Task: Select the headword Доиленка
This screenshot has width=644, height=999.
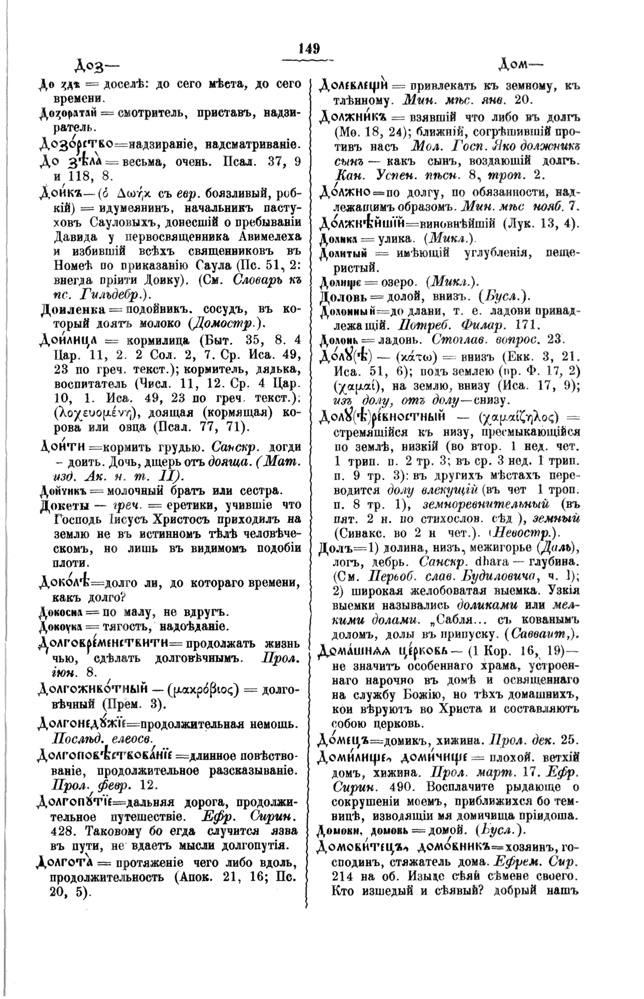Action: coord(71,310)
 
